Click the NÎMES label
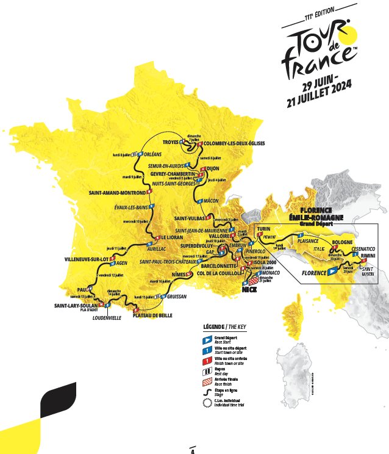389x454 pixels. pos(177,275)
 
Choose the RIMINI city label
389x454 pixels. pos(370,257)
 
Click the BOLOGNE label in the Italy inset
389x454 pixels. pos(343,242)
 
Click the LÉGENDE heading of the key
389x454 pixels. pos(217,326)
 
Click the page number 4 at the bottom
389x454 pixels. pos(193,452)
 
